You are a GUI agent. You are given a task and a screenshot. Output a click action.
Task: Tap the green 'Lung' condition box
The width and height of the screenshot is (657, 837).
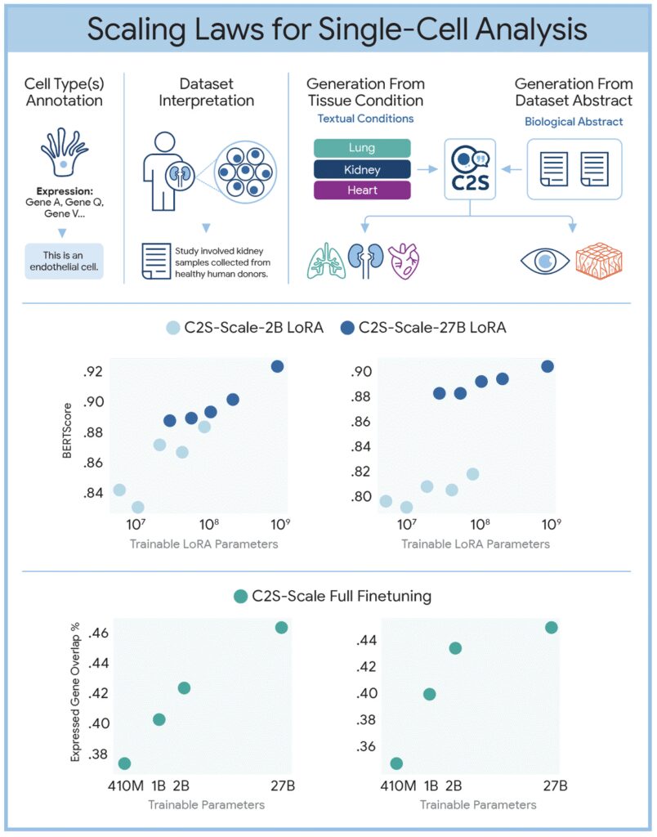361,148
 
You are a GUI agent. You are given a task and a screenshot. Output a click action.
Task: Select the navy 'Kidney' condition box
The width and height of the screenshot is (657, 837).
361,169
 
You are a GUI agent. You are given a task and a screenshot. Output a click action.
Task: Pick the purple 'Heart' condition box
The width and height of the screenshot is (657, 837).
361,190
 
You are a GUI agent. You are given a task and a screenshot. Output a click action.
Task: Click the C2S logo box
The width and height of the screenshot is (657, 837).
469,169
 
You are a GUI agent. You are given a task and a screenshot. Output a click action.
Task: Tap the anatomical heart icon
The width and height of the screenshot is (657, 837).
403,261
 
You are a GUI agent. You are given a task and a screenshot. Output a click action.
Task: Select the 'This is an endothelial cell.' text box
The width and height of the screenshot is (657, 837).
64,261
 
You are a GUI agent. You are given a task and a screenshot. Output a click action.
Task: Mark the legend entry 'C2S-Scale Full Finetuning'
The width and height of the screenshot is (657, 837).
333,596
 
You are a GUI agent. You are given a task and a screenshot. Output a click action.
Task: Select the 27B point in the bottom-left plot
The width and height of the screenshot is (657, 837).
281,627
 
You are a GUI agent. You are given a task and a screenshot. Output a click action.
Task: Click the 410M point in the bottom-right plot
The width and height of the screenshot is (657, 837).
396,763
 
